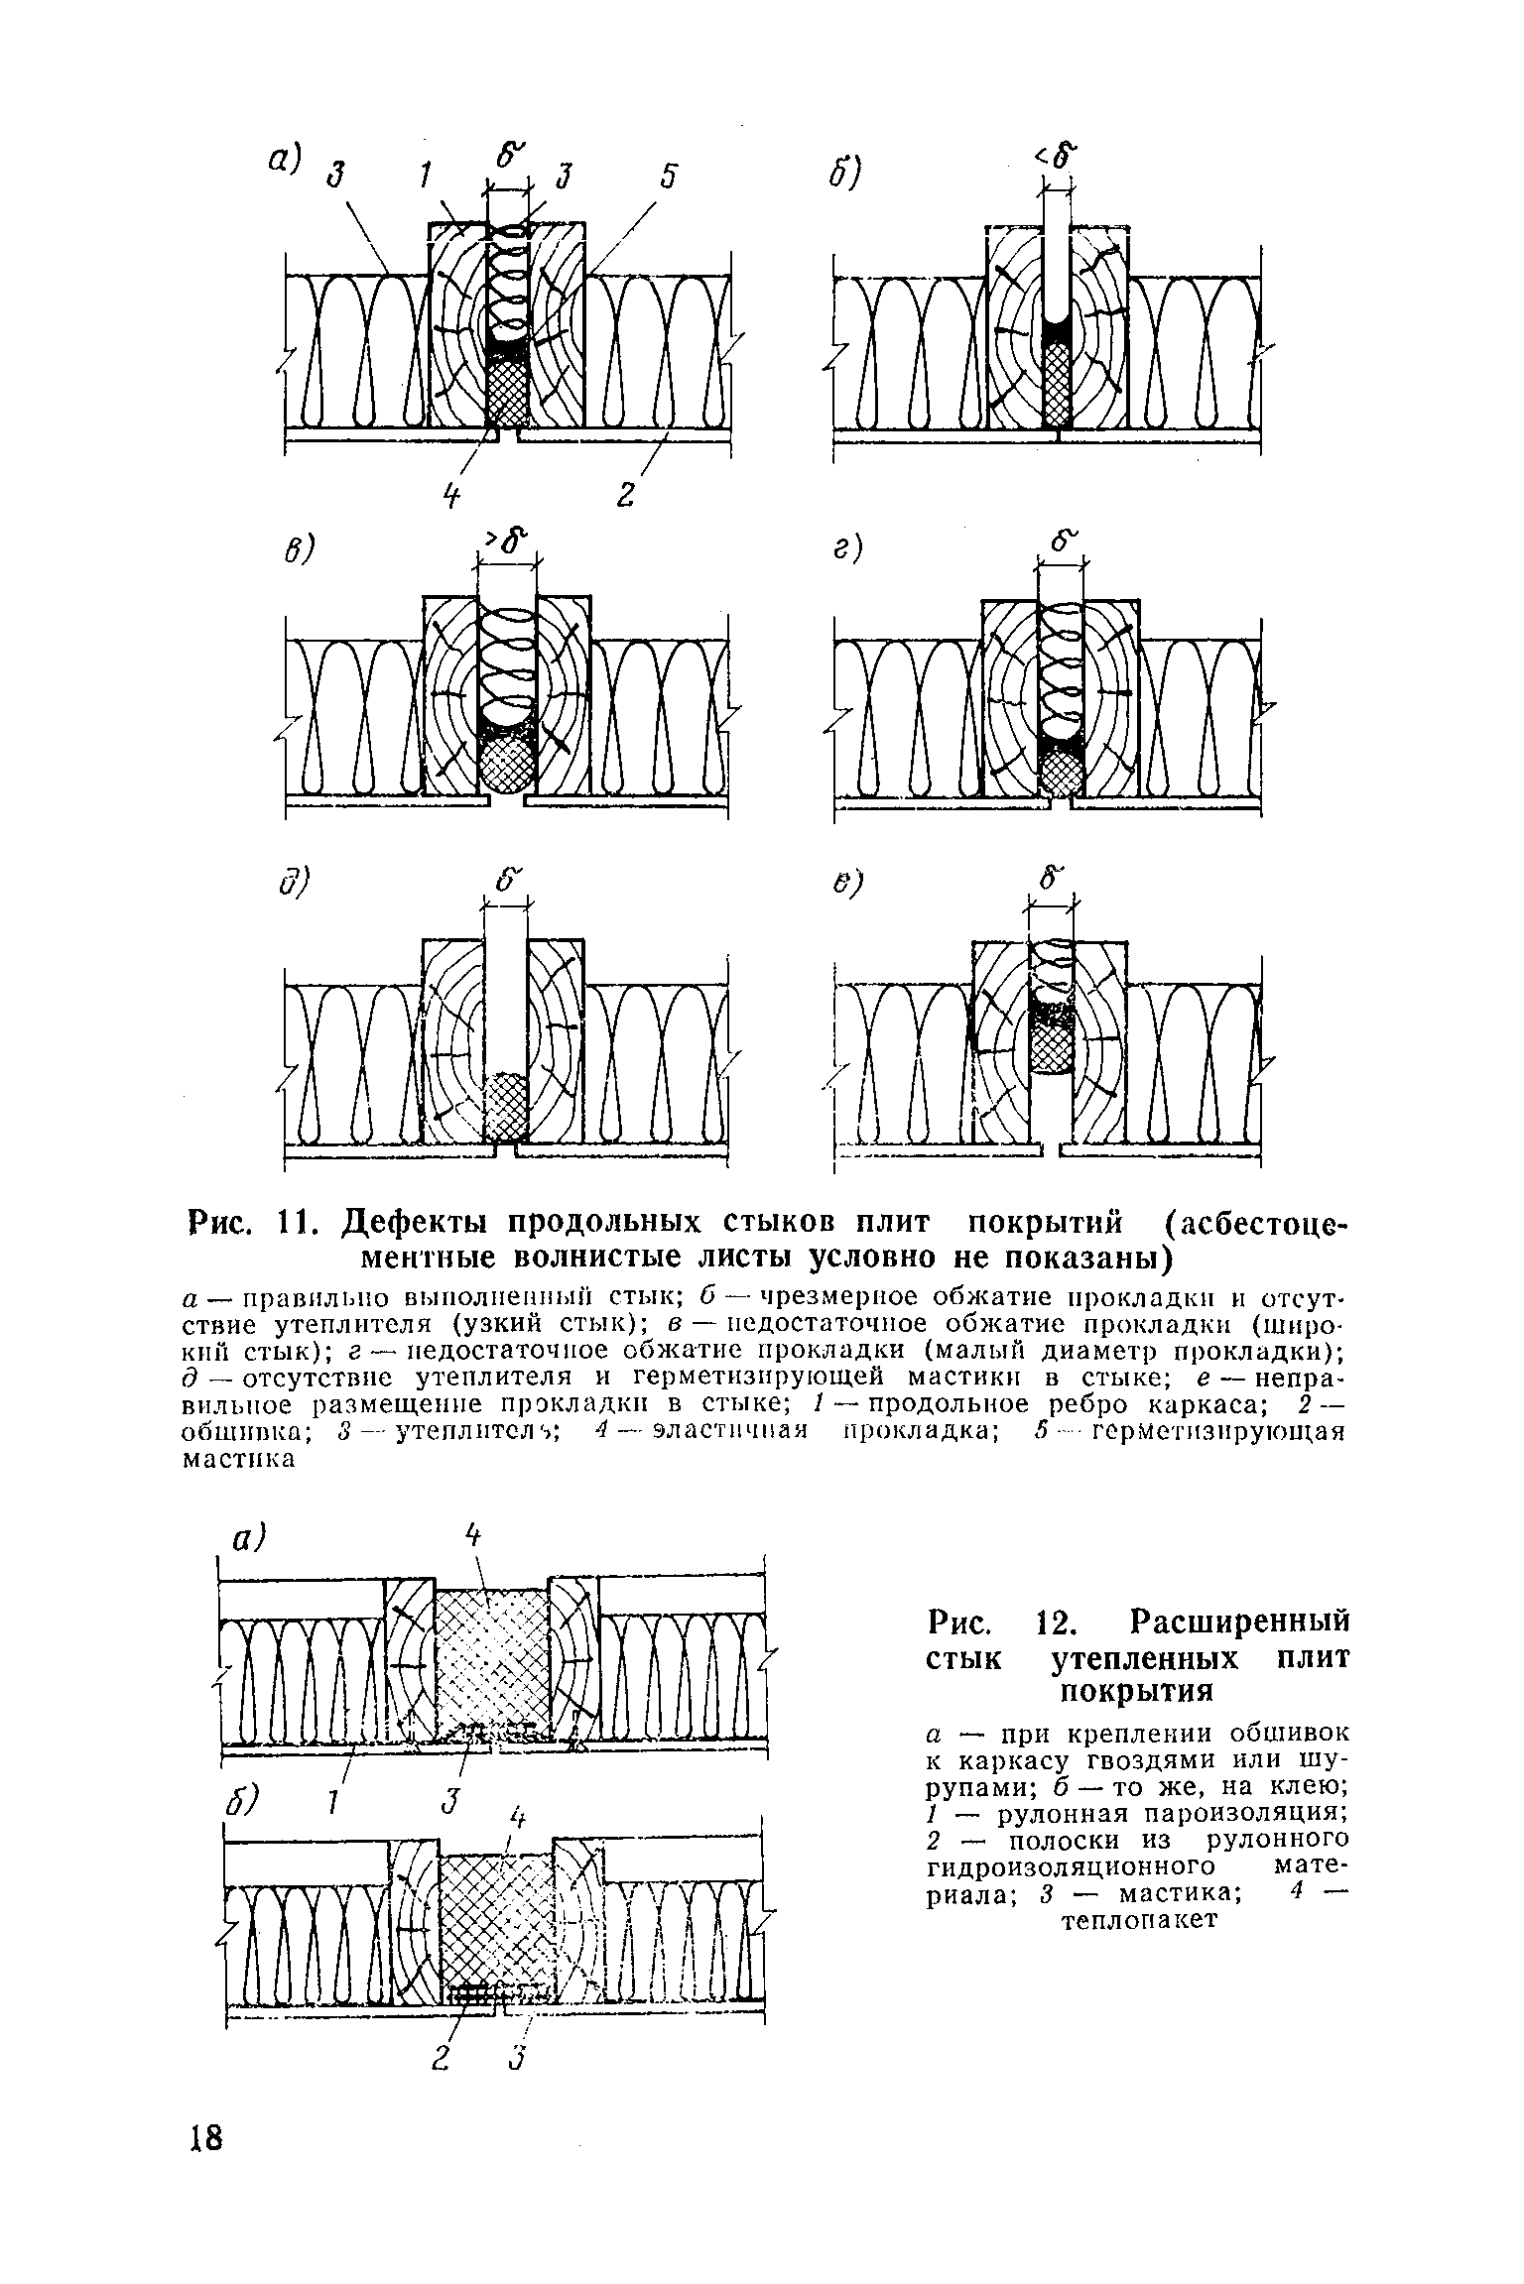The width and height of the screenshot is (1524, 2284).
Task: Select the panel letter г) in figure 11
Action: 848,548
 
